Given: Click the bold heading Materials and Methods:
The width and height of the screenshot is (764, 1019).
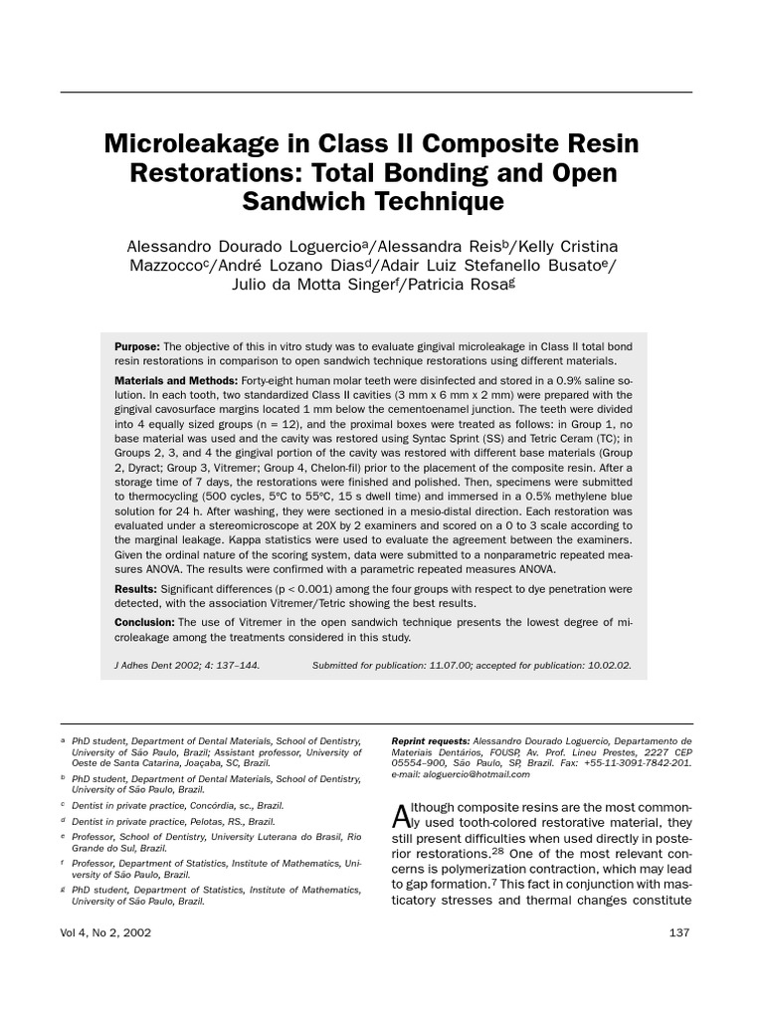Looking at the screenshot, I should [175, 381].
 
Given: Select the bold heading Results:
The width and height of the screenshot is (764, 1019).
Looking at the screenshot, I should [136, 590].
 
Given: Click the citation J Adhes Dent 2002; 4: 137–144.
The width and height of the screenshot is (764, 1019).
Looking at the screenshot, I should [187, 665].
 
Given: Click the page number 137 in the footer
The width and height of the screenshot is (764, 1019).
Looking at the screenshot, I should [680, 932].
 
